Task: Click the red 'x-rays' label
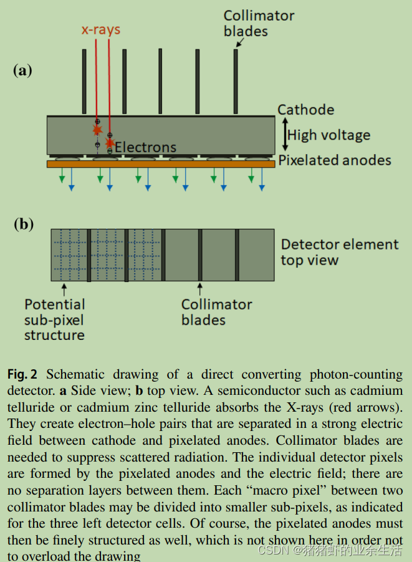pyautogui.click(x=100, y=29)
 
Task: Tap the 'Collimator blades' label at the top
pyautogui.click(x=259, y=23)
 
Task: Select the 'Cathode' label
pyautogui.click(x=305, y=110)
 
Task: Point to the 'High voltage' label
pyautogui.click(x=328, y=135)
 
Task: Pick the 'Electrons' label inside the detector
pyautogui.click(x=145, y=147)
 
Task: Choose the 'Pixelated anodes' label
pyautogui.click(x=335, y=160)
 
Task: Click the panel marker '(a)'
pyautogui.click(x=22, y=70)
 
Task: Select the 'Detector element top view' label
pyautogui.click(x=339, y=252)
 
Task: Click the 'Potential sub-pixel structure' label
pyautogui.click(x=54, y=319)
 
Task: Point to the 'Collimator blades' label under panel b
pyautogui.click(x=216, y=312)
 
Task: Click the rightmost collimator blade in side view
pyautogui.click(x=236, y=81)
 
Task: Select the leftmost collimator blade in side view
pyautogui.click(x=84, y=81)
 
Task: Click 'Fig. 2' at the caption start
pyautogui.click(x=22, y=375)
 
